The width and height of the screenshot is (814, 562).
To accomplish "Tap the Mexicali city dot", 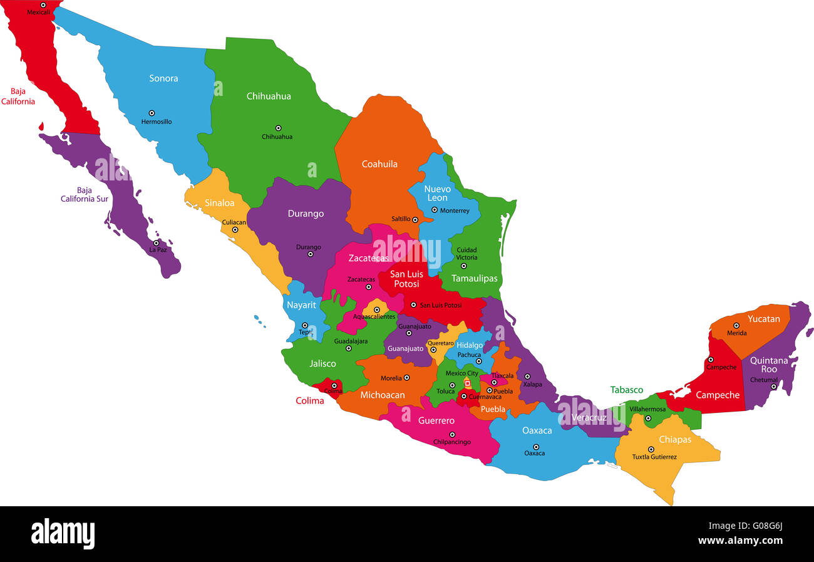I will tap(43, 5).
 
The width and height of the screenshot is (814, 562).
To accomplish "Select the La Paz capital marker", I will tap(156, 243).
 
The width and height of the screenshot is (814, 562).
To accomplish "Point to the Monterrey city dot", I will tap(435, 210).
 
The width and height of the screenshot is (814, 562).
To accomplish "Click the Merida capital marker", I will tap(736, 325).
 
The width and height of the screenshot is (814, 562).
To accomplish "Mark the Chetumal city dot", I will tap(773, 387).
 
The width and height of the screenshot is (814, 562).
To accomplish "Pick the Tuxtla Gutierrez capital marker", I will tap(651, 449).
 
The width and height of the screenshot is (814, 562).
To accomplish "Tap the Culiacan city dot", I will tap(235, 229).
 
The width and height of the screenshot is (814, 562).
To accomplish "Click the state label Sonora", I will tap(163, 78).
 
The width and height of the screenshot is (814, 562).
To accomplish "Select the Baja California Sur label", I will tap(85, 195).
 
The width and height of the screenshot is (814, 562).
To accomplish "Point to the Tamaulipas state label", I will tap(475, 278).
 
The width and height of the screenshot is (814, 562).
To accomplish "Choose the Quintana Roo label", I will tap(769, 365).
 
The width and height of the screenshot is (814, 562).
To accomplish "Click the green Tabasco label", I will tap(627, 390).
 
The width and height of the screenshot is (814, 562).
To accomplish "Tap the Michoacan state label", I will tap(383, 395).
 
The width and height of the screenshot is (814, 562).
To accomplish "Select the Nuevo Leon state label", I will tap(437, 193).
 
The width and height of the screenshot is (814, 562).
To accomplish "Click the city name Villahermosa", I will tap(647, 409).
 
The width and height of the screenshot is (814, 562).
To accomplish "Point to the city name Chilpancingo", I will tap(452, 442).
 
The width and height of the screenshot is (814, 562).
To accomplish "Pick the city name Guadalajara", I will tap(351, 341).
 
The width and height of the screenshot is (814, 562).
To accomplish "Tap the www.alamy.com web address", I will tap(740, 541).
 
